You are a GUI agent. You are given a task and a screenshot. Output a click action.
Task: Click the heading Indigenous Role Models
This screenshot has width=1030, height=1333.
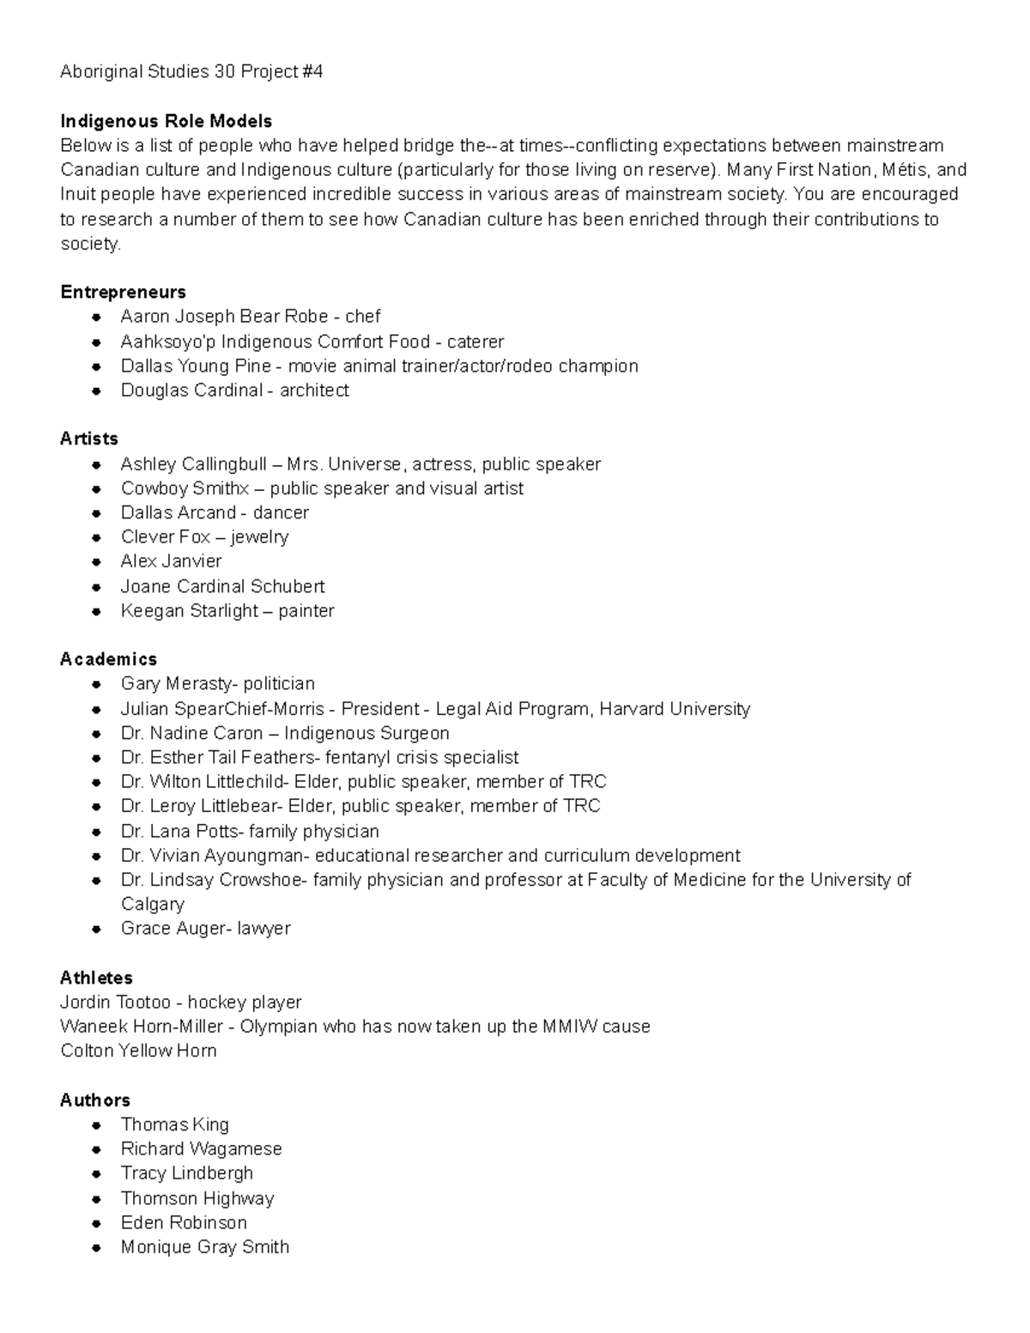(x=166, y=121)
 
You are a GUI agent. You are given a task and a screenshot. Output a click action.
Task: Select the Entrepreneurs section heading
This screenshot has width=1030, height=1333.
(x=123, y=292)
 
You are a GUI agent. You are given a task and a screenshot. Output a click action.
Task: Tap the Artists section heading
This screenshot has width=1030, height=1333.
(x=89, y=439)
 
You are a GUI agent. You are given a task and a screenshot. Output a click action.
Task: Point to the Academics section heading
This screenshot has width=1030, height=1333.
(x=108, y=659)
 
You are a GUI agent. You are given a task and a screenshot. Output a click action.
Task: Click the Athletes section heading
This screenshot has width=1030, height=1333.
(x=96, y=978)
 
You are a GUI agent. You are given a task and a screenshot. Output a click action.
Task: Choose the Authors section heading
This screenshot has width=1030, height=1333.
(x=95, y=1100)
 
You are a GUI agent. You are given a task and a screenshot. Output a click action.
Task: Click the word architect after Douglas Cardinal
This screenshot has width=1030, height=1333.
(x=314, y=391)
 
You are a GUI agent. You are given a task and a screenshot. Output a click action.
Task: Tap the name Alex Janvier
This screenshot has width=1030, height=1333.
(x=171, y=561)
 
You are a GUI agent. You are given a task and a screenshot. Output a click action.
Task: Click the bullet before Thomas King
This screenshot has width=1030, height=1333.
(x=99, y=1125)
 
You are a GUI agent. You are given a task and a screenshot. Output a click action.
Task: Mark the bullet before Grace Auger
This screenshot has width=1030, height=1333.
(x=99, y=929)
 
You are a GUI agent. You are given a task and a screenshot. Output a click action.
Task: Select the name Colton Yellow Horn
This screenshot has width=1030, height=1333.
(x=138, y=1051)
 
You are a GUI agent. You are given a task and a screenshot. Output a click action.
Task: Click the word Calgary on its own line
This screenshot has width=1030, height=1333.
(x=152, y=905)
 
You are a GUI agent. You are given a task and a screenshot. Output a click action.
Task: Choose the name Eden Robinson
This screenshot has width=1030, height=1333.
(x=184, y=1223)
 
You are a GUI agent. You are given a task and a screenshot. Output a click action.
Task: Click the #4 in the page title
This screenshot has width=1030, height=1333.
(x=312, y=72)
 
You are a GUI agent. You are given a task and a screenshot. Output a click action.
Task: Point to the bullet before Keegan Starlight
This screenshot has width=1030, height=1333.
(x=99, y=612)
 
